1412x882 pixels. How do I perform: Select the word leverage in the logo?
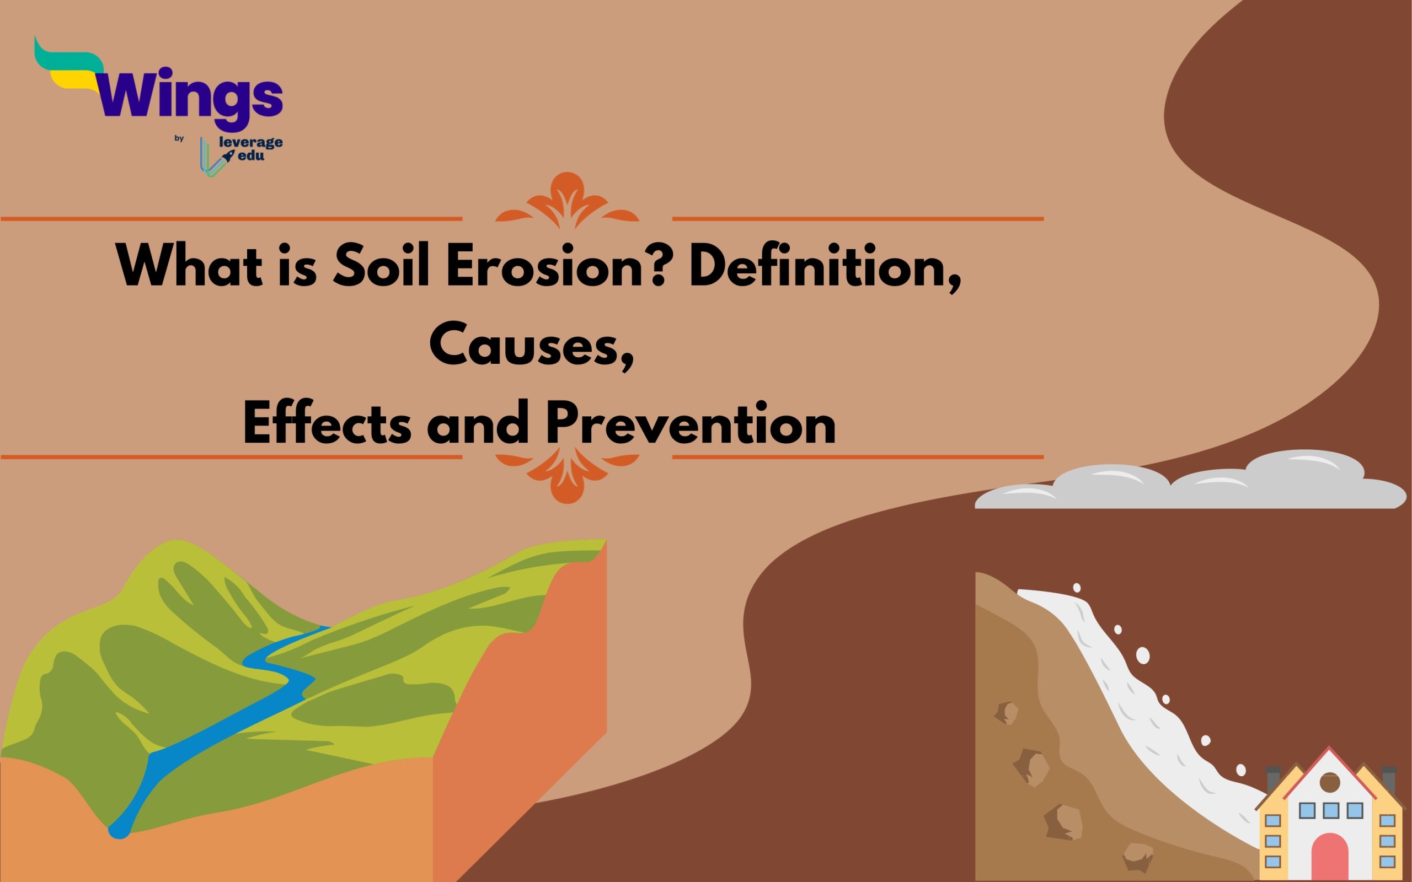pos(250,142)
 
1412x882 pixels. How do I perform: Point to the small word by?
pos(179,138)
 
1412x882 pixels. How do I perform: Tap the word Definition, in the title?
pos(825,268)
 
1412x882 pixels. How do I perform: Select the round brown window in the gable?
pos(1330,782)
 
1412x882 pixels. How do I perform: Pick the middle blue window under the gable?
pos(1330,810)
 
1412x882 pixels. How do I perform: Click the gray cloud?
pos(1190,482)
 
